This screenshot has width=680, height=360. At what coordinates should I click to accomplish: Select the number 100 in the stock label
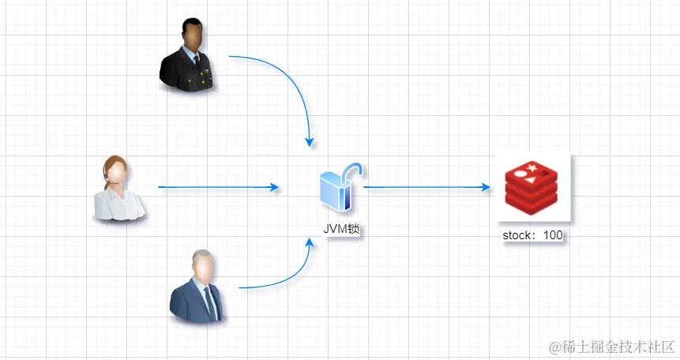click(553, 235)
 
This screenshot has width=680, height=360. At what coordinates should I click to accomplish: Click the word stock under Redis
click(517, 235)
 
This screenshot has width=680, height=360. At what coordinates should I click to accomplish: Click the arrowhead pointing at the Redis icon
click(486, 188)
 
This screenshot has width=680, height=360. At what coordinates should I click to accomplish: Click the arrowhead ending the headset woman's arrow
click(274, 188)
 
